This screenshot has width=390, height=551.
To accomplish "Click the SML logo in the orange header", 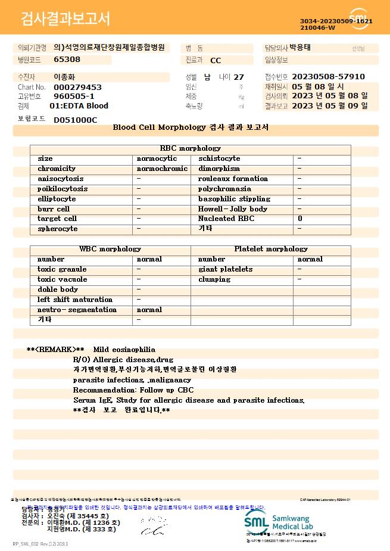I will point(360,18).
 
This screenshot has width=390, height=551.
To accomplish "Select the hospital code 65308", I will point(67,60).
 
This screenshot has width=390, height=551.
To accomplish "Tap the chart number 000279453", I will point(77,87).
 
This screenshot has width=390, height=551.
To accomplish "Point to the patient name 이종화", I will point(64,77).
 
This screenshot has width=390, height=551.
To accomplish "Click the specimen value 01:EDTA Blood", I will point(79,106).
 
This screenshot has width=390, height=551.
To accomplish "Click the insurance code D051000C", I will point(75,120).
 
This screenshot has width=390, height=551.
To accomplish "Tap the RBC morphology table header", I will point(191,148).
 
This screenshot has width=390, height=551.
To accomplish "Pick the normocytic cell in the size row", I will point(157,158).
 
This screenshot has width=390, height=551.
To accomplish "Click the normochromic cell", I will point(162,169).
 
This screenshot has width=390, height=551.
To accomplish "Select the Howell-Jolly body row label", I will point(233,209).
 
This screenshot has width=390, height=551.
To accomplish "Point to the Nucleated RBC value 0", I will point(300,219).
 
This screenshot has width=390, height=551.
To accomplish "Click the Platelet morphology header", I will point(271,249).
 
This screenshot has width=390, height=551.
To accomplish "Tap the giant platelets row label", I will point(225,269).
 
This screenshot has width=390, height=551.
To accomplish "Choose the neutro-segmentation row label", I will point(77,310).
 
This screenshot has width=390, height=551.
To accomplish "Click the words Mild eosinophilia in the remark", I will point(124,350).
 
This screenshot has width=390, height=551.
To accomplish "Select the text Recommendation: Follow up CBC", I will point(133,390).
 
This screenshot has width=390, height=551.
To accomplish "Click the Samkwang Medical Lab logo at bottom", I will point(280,522).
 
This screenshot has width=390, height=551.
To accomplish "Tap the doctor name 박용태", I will point(300,48).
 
